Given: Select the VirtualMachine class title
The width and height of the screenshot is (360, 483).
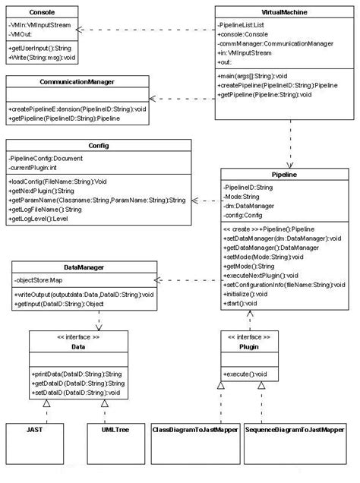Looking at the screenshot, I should tap(278, 13).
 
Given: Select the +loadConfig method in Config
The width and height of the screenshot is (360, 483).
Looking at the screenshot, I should tap(58, 182).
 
